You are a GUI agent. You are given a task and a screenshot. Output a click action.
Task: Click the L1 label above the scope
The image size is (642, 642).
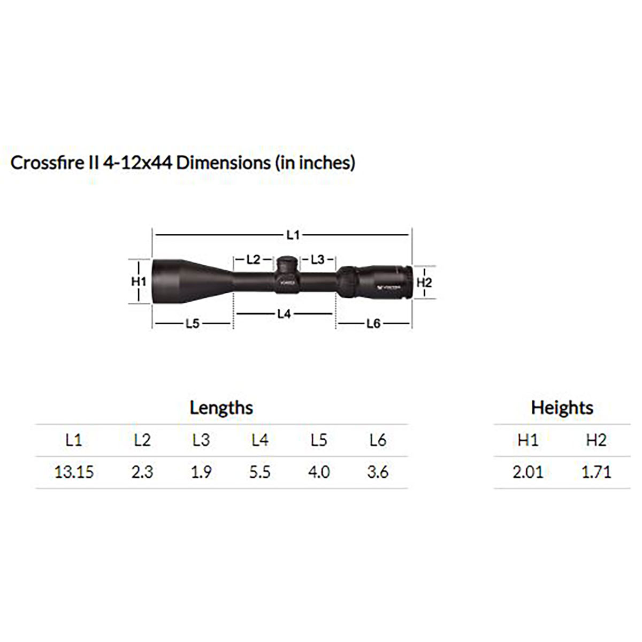pos(293,234)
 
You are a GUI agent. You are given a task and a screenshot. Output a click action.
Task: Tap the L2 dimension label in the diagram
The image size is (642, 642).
pos(253,259)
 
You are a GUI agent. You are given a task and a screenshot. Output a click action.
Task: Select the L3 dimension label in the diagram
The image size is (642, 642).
pos(317,259)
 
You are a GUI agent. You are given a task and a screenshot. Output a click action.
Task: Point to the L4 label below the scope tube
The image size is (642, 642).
pos(284,314)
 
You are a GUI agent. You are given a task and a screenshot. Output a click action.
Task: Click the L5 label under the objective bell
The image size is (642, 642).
pos(192,324)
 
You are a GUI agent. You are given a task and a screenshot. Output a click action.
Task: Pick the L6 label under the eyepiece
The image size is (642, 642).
pos(373,324)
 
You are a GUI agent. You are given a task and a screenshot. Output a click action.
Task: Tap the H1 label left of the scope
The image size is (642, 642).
pos(139,281)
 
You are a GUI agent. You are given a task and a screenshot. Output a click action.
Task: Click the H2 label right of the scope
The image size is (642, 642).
pos(424,282)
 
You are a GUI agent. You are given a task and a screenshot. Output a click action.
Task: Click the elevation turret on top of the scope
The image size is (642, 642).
pos(287,264)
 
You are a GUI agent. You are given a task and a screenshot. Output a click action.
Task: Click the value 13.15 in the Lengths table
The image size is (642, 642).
pos(74,472)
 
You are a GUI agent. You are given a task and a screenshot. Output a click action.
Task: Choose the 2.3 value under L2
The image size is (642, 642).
pos(142,472)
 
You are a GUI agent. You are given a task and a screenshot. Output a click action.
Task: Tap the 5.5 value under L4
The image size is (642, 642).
pos(259,472)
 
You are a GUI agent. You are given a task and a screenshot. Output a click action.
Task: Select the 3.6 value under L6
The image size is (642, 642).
pos(377,472)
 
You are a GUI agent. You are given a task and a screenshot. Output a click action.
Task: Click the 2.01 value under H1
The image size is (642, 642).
pos(528,472)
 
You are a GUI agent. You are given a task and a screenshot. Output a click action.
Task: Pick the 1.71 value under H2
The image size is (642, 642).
pos(596,472)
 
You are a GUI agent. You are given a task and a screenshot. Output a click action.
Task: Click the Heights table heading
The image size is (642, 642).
pos(562,408)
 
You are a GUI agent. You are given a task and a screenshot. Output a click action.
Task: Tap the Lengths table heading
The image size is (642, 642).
pos(221,408)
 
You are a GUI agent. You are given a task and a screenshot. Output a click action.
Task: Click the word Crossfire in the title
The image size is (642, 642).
pos(44,163)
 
